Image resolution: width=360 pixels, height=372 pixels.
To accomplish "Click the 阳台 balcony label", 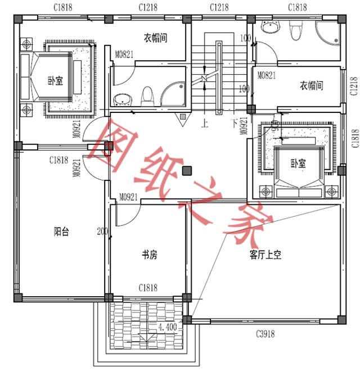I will (61, 232).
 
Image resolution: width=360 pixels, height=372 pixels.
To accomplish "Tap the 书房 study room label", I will (149, 255).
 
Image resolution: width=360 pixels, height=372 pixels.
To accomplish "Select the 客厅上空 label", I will (265, 255).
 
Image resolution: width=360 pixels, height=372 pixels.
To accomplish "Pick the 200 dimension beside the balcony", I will (102, 231).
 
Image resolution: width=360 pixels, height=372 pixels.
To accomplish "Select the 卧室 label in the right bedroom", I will (298, 164).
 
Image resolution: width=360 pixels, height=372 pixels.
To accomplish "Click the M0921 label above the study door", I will (129, 197).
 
